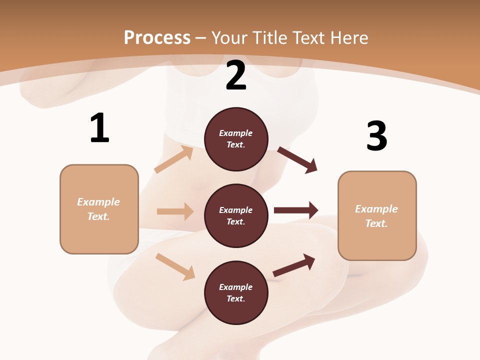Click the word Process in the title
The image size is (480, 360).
157,37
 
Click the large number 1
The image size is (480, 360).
99,128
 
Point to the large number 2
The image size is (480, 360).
236,76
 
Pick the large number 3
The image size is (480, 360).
376,136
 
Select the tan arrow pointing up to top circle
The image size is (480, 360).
173,159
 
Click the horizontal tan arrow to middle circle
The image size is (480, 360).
175,211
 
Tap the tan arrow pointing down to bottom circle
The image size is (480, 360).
175,266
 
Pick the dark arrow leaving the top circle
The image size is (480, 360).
297,160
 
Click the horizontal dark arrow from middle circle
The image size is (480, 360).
296,210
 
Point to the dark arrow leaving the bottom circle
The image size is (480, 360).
294,265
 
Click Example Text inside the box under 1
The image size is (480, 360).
98,209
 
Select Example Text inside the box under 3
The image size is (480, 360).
376,216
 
